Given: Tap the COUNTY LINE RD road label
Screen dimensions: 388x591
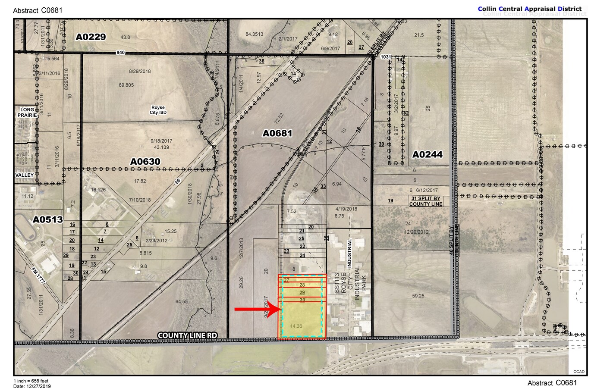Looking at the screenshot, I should tap(187, 335).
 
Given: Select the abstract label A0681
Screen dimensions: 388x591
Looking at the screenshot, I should tap(277, 134).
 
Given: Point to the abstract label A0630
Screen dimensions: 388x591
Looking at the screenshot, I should tap(145, 162).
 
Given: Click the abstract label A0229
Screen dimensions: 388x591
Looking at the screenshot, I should tap(91, 37).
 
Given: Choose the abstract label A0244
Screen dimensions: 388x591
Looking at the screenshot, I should tap(427, 154).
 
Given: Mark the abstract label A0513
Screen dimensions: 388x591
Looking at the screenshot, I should tap(48, 220).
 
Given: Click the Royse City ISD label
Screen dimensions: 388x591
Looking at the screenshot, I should tap(158, 110).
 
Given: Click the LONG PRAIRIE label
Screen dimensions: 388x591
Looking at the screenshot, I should tap(27, 113).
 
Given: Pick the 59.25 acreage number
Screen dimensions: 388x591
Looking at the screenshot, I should tap(418, 296).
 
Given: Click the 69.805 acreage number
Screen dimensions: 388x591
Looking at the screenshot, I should tap(126, 85).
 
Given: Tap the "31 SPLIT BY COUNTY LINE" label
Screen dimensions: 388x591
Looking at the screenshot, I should tap(426, 201).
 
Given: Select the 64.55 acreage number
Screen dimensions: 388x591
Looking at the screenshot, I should tap(181, 301).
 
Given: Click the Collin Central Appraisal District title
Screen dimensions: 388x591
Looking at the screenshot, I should tap(532, 9).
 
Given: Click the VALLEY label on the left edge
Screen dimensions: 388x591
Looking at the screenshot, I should tap(25, 175).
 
